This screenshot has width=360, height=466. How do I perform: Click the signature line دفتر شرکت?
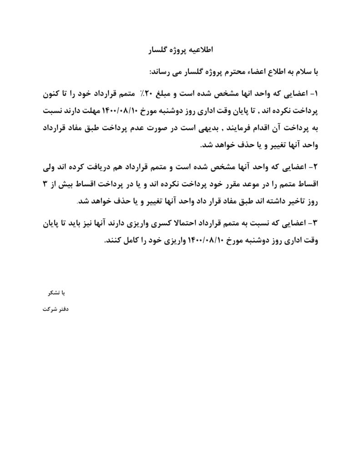(x=54, y=309)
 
